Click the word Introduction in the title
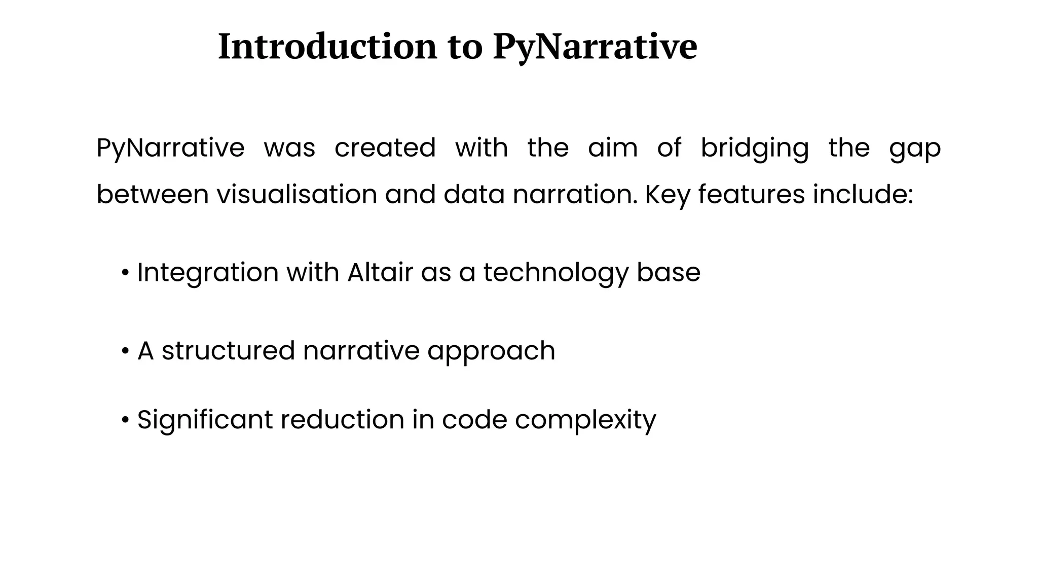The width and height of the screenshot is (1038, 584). (x=327, y=47)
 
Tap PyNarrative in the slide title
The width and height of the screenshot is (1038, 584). (x=595, y=47)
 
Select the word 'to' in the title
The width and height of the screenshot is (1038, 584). (x=465, y=47)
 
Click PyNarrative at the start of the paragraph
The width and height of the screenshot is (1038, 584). (x=170, y=148)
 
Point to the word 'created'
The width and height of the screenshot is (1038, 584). (x=385, y=148)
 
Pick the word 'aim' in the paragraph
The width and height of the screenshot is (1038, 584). (x=612, y=148)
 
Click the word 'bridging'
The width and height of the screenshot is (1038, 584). (x=754, y=148)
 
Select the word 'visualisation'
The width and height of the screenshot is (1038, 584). (x=297, y=195)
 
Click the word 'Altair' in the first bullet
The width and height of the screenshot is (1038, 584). (x=380, y=273)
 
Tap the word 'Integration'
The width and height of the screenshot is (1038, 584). (x=208, y=273)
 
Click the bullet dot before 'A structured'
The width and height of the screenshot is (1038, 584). (x=125, y=351)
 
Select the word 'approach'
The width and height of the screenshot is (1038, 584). (x=491, y=351)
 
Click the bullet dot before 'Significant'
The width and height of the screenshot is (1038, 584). (x=125, y=420)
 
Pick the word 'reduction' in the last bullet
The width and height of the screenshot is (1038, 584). (x=342, y=420)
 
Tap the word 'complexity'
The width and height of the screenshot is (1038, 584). (x=585, y=420)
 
